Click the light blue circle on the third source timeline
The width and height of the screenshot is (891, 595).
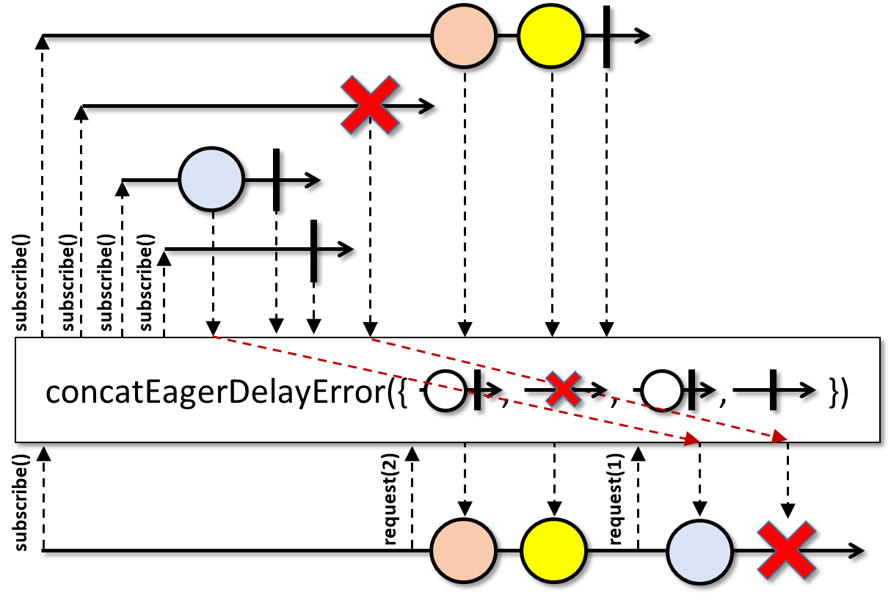click(x=211, y=180)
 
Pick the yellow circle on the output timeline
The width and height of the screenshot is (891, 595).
click(x=554, y=550)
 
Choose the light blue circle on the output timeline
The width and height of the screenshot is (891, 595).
click(x=700, y=550)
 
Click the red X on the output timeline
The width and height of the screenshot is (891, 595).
click(x=788, y=550)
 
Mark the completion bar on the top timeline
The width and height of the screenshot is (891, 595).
click(x=606, y=36)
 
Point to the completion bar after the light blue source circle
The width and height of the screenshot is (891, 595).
click(x=276, y=180)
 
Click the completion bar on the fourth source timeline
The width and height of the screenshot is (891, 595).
click(x=313, y=250)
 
